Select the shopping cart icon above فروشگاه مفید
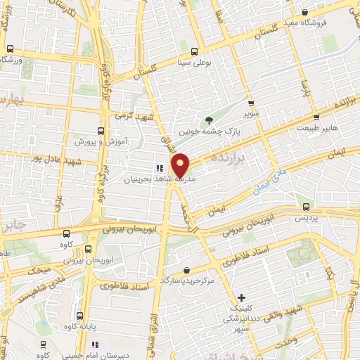pyautogui.click(x=304, y=12)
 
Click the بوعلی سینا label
pyautogui.click(x=193, y=61)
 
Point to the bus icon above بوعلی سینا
pyautogui.click(x=193, y=51)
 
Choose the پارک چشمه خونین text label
pyautogui.click(x=218, y=131)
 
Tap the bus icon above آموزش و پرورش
pyautogui.click(x=101, y=131)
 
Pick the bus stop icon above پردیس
pyautogui.click(x=306, y=206)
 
